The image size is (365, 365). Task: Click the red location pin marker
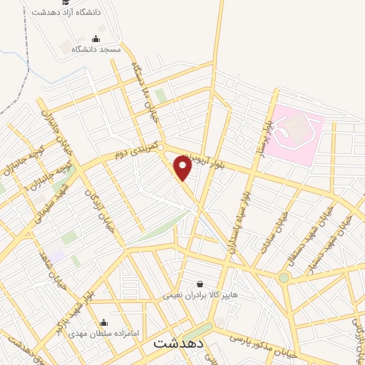click(x=182, y=168)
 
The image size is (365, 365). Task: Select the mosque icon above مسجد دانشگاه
click(x=96, y=38)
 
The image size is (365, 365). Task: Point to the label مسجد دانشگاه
click(x=101, y=49)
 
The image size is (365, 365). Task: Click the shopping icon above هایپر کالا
click(x=199, y=283)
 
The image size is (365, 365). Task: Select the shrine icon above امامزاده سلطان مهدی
click(x=105, y=322)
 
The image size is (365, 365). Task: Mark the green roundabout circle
click(x=284, y=277)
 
